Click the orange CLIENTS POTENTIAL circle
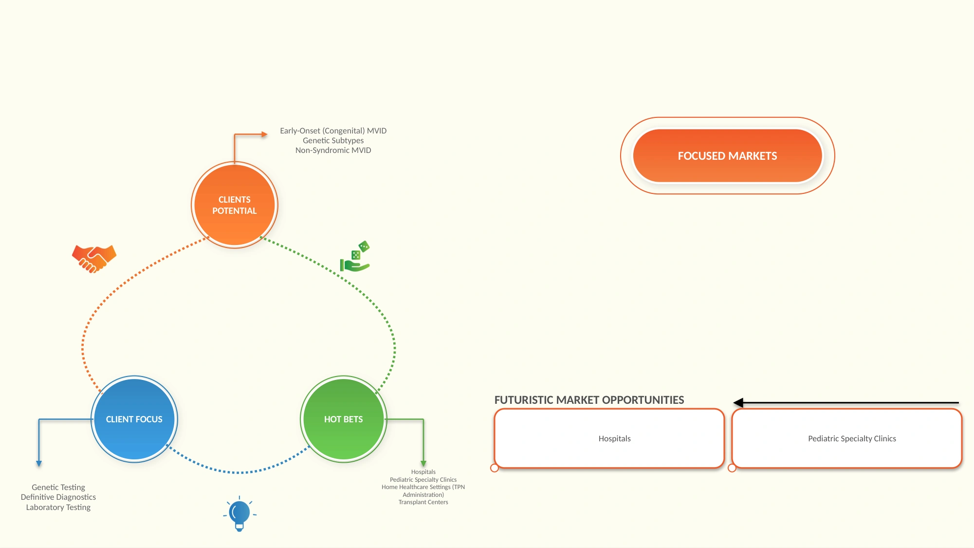[235, 205]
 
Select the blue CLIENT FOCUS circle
[134, 419]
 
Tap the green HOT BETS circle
[344, 419]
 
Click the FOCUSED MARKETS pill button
[728, 156]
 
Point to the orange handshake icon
[94, 259]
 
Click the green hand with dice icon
[355, 256]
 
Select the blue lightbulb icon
[239, 514]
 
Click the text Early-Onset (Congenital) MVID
[333, 131]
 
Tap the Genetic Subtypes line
[333, 140]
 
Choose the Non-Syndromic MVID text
[333, 150]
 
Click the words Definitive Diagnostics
[58, 497]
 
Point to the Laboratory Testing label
[58, 507]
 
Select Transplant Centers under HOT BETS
[423, 502]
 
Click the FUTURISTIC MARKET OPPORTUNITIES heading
[589, 400]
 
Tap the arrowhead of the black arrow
[738, 403]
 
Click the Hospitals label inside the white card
[615, 438]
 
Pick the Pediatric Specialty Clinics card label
[852, 438]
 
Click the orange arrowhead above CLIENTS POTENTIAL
[264, 134]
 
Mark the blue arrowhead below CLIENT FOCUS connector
[39, 464]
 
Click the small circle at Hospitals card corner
[495, 468]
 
